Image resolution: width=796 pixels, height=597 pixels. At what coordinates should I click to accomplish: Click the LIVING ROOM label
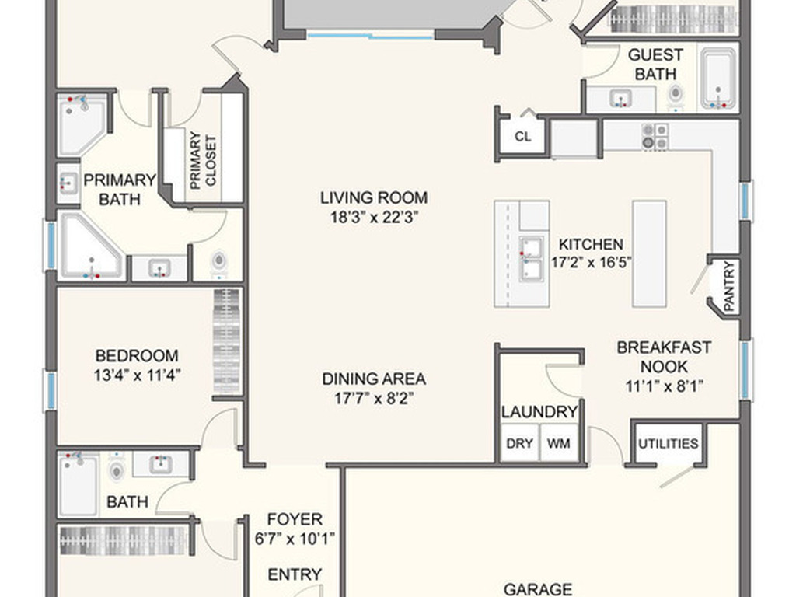(374, 197)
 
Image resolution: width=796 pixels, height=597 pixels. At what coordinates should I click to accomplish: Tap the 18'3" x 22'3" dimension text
(374, 218)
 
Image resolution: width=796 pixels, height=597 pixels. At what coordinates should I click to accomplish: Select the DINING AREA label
(374, 379)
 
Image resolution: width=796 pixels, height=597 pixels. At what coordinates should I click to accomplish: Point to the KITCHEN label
(591, 244)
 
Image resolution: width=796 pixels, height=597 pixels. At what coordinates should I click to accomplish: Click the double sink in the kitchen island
(531, 258)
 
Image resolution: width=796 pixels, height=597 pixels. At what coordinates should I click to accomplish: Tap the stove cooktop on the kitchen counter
(655, 137)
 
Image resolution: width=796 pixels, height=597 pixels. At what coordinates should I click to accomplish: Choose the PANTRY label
(728, 286)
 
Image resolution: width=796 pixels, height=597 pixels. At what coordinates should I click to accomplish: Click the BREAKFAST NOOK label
(664, 357)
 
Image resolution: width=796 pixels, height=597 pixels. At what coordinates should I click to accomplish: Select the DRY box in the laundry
(519, 442)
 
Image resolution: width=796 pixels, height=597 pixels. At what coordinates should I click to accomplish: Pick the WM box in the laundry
(558, 442)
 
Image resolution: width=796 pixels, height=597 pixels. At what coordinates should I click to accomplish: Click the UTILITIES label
(668, 444)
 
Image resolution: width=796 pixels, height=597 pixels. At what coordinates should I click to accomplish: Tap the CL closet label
(523, 137)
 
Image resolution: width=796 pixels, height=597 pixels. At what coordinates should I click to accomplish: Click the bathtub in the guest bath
(718, 79)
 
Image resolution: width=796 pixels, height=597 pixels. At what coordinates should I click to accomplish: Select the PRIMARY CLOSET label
(203, 161)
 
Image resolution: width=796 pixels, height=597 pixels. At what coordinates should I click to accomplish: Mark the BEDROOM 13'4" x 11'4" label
(137, 365)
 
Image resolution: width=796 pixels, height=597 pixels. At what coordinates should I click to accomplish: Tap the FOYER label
(295, 519)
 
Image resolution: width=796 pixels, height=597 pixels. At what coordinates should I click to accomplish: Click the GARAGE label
(538, 589)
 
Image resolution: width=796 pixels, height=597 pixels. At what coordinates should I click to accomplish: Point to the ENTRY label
(295, 574)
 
